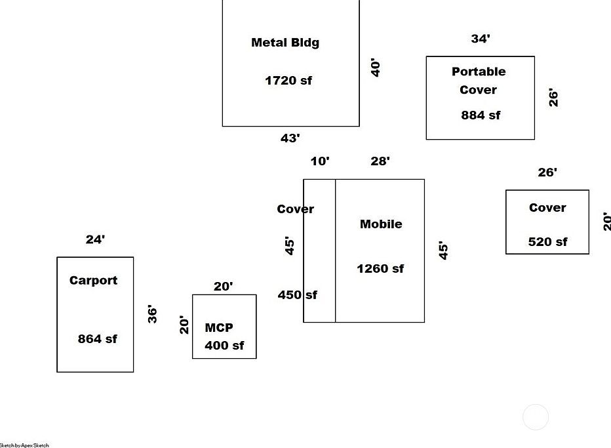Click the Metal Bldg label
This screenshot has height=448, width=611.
pyautogui.click(x=285, y=43)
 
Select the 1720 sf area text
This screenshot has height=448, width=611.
pyautogui.click(x=288, y=81)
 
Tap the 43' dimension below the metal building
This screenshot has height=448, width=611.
pyautogui.click(x=290, y=138)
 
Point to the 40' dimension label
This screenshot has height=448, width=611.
pyautogui.click(x=376, y=68)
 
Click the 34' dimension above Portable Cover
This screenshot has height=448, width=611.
pyautogui.click(x=481, y=39)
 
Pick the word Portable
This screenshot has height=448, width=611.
pyautogui.click(x=479, y=71)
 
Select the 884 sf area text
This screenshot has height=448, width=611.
pyautogui.click(x=481, y=115)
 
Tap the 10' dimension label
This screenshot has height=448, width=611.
pyautogui.click(x=320, y=161)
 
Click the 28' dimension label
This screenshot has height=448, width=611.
pyautogui.click(x=380, y=161)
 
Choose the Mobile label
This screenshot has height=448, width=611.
pyautogui.click(x=381, y=224)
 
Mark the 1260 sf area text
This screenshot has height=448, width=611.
pyautogui.click(x=380, y=269)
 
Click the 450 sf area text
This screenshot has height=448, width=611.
pyautogui.click(x=297, y=295)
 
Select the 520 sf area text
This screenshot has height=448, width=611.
pyautogui.click(x=548, y=242)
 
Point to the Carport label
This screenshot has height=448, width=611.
pyautogui.click(x=94, y=281)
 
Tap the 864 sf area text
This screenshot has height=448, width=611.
pyautogui.click(x=98, y=339)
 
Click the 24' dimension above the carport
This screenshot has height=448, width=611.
pyautogui.click(x=95, y=240)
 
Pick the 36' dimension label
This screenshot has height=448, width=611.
pyautogui.click(x=152, y=314)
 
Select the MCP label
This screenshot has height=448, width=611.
pyautogui.click(x=219, y=328)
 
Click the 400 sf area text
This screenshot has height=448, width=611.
pyautogui.click(x=224, y=346)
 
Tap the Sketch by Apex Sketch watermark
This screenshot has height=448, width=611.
pyautogui.click(x=24, y=445)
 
